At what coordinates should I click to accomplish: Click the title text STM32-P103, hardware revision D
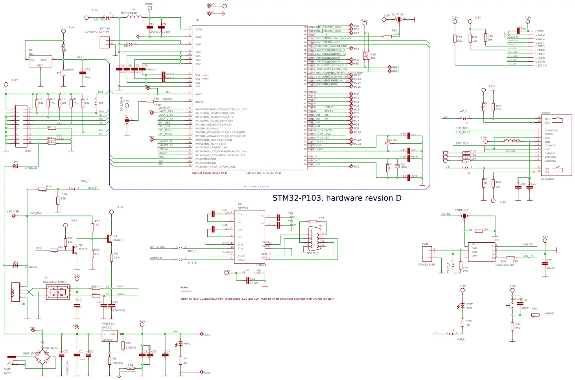[337, 198]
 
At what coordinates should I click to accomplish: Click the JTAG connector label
[28, 151]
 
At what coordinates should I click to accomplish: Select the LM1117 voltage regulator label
[107, 327]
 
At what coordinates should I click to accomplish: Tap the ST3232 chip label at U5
[243, 208]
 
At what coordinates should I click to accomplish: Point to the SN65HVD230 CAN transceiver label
[504, 265]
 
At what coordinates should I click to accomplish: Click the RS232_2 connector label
[313, 253]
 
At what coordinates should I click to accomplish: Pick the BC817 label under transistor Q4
[118, 240]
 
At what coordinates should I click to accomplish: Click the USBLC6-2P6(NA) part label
[54, 282]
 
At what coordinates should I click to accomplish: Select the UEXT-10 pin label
[541, 66]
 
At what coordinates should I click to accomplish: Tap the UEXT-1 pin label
[540, 31]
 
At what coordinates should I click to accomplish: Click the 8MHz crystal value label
[405, 168]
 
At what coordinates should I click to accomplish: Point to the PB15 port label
[357, 87]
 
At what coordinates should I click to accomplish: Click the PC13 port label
[357, 144]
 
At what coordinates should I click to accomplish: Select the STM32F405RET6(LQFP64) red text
[209, 173]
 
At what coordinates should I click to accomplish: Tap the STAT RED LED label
[469, 306]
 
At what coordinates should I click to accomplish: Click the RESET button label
[69, 70]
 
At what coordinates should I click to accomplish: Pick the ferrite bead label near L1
[129, 13]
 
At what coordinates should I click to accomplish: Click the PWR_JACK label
[30, 353]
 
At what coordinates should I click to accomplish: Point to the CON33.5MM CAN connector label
[426, 264]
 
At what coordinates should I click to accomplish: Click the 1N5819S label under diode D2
[31, 168]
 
